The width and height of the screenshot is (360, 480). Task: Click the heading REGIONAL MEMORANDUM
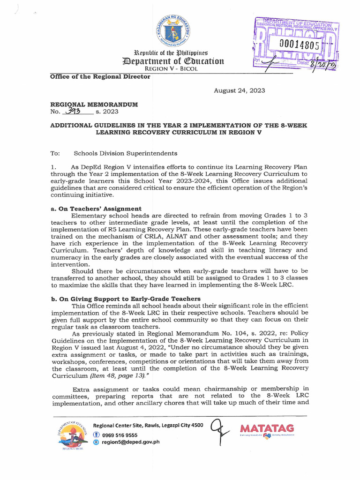point(94,105)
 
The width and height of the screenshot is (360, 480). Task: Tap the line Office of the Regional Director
point(100,76)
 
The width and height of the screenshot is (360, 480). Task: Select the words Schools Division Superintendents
point(126,153)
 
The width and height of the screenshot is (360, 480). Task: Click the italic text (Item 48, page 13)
point(119,376)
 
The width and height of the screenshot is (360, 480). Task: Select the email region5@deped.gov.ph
point(127,442)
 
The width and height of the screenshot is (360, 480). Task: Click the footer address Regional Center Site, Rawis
point(148,425)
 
